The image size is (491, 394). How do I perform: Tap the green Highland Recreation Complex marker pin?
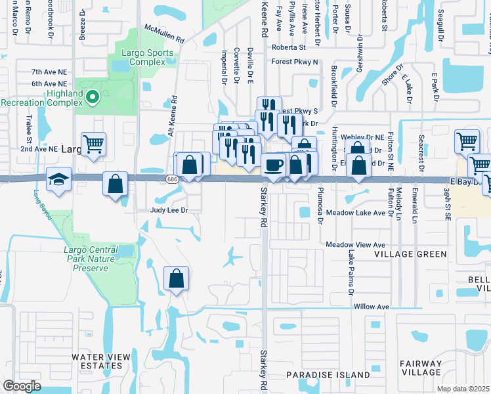(93, 98)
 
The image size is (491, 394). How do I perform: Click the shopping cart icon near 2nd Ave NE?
(93, 143)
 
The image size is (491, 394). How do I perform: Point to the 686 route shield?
(172, 179)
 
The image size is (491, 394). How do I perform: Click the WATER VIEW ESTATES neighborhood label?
(101, 361)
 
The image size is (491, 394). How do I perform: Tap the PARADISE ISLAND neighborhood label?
(328, 375)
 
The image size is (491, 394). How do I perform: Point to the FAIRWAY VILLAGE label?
(421, 368)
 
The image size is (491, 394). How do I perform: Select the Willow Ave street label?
(372, 307)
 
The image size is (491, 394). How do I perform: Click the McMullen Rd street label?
(165, 35)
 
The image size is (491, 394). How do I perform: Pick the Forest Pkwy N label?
(294, 62)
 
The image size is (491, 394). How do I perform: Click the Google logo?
(22, 386)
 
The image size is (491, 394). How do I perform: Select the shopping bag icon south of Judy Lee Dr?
(177, 278)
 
